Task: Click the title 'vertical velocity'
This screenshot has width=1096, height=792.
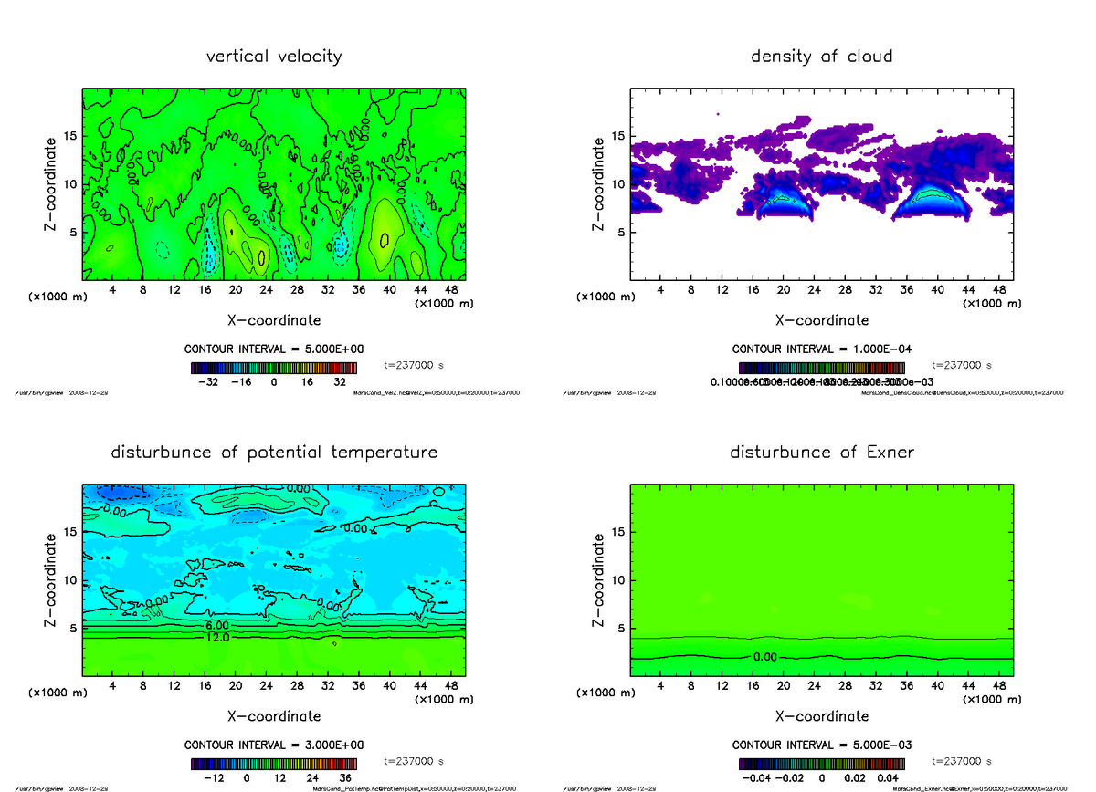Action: coord(274,57)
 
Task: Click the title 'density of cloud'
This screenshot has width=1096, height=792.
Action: coord(821,57)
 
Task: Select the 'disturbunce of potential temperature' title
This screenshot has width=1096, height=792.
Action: coord(274,453)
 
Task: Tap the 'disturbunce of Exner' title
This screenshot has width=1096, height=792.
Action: coord(821,453)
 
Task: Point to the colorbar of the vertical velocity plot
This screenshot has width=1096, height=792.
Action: coord(273,368)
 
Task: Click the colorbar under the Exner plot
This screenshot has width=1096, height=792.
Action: coord(821,763)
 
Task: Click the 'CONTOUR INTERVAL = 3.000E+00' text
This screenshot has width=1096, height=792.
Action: coord(274,745)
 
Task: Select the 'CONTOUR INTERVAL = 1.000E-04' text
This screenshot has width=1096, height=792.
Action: coord(821,349)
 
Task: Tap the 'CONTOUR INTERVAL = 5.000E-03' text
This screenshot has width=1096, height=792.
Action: coord(821,745)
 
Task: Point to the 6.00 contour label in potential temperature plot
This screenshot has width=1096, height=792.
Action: coord(217,625)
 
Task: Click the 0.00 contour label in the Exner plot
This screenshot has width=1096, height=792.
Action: coord(766,657)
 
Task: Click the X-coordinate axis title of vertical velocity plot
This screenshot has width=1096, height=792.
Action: coord(274,320)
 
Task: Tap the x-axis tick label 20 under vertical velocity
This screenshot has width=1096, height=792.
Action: coord(235,291)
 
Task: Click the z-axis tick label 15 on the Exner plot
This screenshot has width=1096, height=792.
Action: coord(618,532)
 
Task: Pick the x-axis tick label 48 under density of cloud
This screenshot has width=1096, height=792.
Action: coord(999,291)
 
